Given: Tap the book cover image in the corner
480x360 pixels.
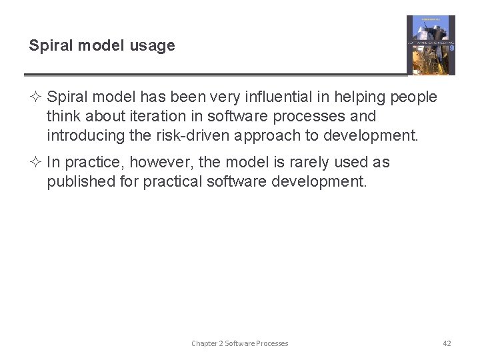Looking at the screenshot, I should coord(431,45).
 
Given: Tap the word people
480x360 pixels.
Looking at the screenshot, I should coord(413,97).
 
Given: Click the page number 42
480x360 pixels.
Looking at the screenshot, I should coord(447,343).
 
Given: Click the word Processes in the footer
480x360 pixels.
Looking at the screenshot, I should coord(273,343).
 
